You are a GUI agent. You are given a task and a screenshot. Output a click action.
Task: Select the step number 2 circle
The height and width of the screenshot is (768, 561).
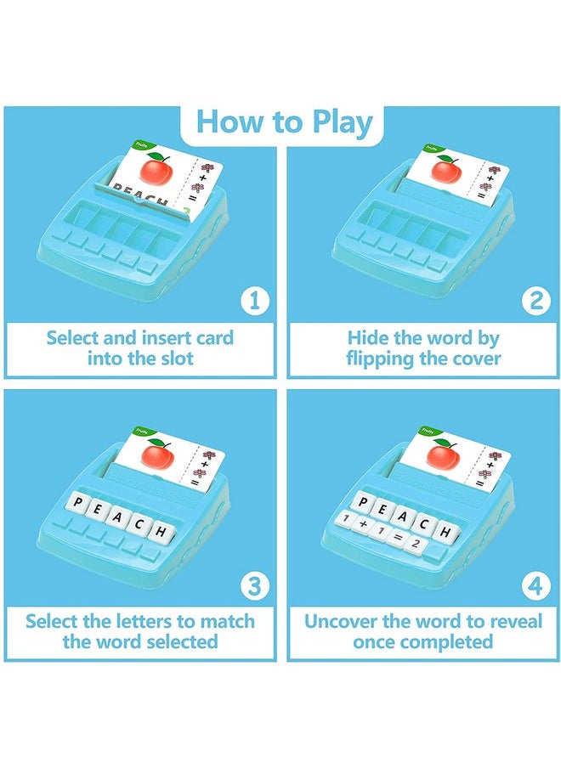tap(535, 300)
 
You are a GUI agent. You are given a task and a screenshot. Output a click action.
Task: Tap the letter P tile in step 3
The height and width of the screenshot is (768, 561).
tap(81, 503)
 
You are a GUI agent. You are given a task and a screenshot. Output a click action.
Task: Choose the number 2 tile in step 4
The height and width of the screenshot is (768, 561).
tap(414, 544)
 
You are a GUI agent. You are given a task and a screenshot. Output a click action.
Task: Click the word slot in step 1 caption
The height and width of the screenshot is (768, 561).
tap(175, 359)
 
